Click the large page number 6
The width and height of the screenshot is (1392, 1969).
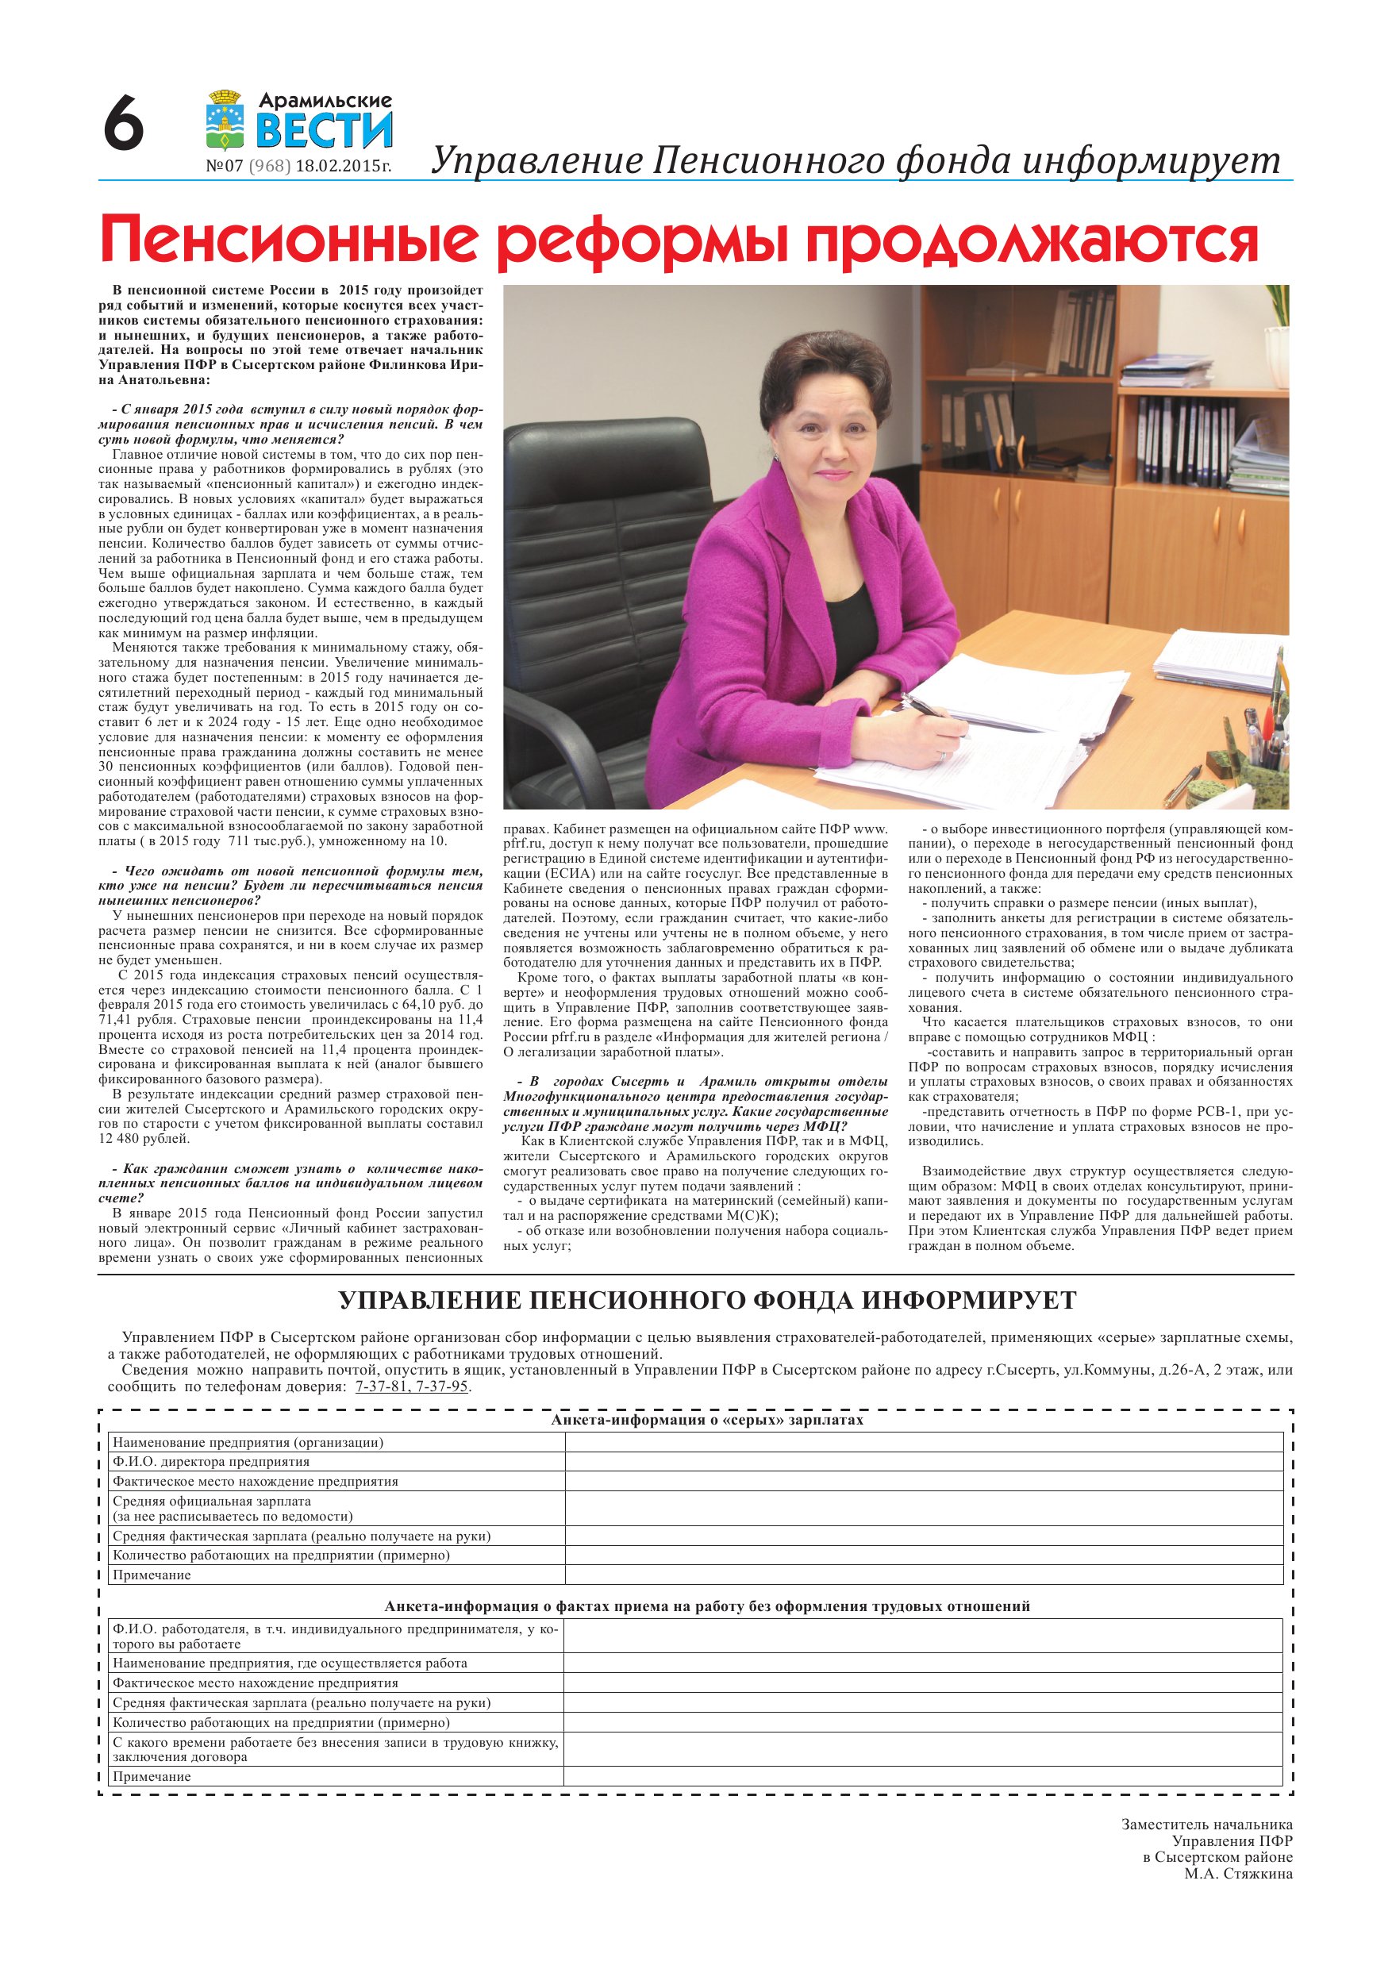[124, 124]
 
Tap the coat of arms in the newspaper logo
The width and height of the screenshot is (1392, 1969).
[225, 119]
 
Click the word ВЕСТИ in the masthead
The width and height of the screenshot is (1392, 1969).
[325, 129]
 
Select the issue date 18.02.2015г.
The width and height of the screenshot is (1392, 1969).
[343, 167]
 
